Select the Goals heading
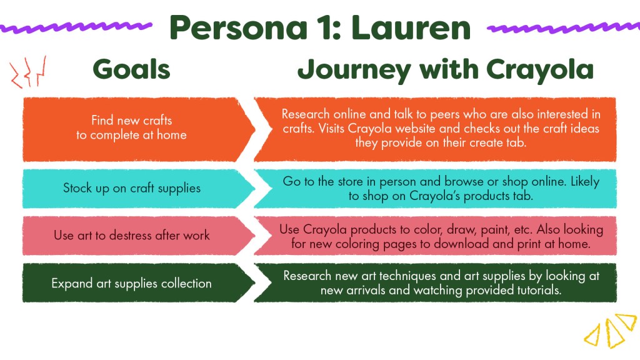click(x=131, y=69)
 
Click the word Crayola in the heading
click(x=539, y=70)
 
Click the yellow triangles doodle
click(x=611, y=331)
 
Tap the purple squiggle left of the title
click(x=76, y=27)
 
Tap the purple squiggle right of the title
click(x=564, y=27)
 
